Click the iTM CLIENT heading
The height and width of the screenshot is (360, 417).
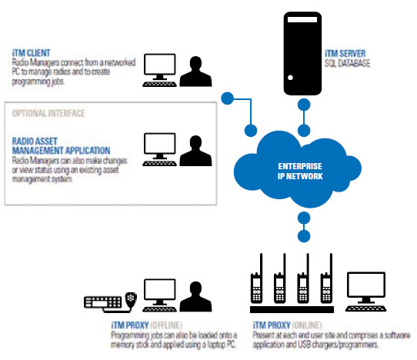(31, 53)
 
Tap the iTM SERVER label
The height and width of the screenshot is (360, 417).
(345, 53)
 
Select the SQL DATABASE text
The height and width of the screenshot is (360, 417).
(347, 63)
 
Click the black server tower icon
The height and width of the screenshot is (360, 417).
(302, 53)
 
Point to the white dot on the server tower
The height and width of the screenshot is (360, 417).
(290, 78)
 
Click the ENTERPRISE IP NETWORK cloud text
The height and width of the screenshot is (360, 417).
(300, 172)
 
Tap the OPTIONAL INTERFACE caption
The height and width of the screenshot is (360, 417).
(48, 113)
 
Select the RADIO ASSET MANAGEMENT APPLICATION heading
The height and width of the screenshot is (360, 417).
(61, 145)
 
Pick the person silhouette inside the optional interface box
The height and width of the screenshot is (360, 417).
(195, 151)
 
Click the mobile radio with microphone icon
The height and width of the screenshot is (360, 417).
(110, 302)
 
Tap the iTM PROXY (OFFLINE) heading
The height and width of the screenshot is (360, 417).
(146, 325)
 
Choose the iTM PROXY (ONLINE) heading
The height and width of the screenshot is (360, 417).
(287, 325)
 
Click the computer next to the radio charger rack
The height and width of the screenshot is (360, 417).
(366, 292)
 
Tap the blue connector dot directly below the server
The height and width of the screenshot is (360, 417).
(304, 105)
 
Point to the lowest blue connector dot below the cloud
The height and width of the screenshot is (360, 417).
(304, 236)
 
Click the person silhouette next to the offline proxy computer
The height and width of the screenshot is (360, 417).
(195, 296)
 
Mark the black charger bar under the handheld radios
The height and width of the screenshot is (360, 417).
(292, 309)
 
